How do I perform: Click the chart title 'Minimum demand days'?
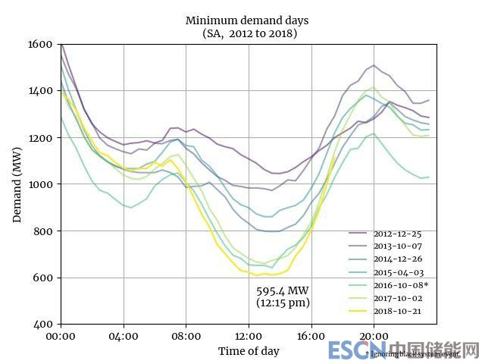pos(247,20)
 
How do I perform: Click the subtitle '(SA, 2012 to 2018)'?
pos(249,33)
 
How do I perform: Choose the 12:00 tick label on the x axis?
pos(249,336)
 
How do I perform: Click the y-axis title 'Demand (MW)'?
pos(17,184)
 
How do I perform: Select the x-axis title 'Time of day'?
pos(249,351)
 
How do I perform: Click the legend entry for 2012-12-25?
pos(394,234)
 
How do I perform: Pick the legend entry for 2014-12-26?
pos(394,259)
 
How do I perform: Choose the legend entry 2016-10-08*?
pos(396,285)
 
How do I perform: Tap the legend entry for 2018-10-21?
pos(394,311)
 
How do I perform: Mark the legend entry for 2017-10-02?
pos(394,298)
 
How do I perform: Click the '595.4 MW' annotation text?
pos(282,291)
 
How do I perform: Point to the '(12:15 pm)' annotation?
pos(283,303)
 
